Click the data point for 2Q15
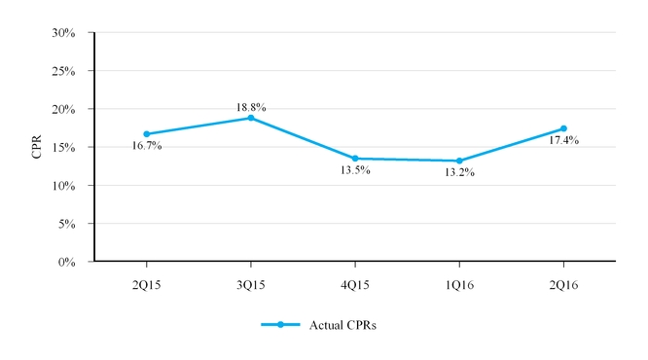[x=147, y=134]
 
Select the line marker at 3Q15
[x=251, y=118]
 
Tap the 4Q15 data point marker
[x=355, y=159]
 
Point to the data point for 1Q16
[x=459, y=161]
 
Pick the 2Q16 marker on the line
[x=563, y=128]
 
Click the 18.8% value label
[x=251, y=107]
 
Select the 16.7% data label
[x=147, y=146]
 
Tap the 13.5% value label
[x=355, y=170]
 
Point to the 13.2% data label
[x=459, y=173]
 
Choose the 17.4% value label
[x=563, y=140]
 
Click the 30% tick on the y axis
[x=63, y=33]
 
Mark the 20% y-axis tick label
[x=63, y=110]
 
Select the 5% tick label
[x=66, y=224]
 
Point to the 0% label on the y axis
[x=66, y=262]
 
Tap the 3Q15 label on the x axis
[x=251, y=285]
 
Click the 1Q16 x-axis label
[x=459, y=285]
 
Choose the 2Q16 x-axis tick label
[x=563, y=285]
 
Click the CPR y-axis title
[x=37, y=147]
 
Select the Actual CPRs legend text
[x=342, y=325]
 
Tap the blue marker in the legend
[x=280, y=325]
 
